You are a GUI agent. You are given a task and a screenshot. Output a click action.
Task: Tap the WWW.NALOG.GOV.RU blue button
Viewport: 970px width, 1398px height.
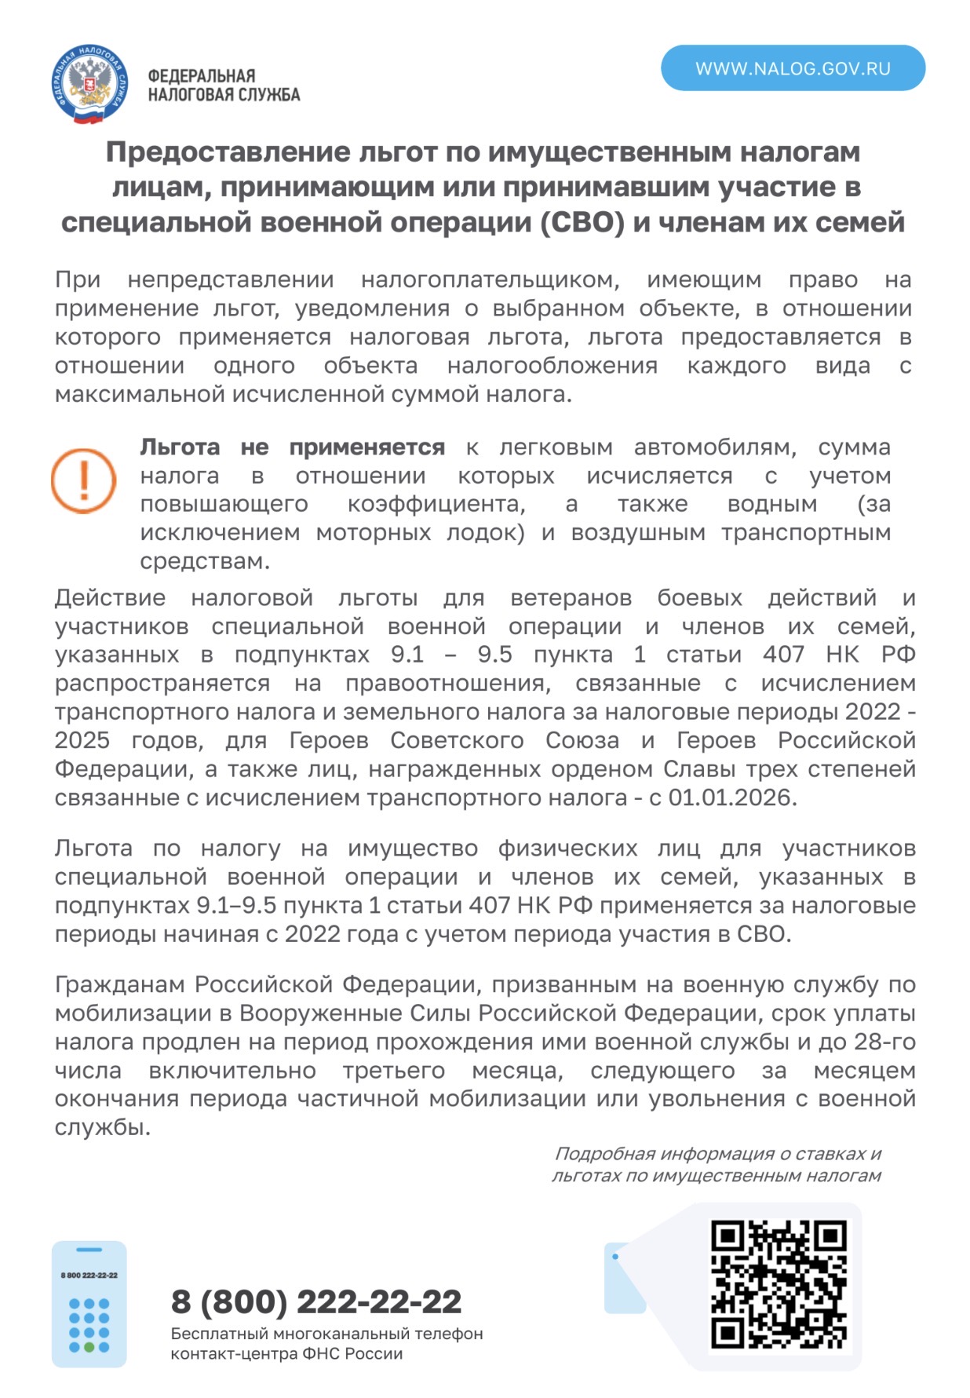point(793,68)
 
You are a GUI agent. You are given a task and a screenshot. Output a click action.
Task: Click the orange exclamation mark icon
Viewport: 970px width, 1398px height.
point(83,480)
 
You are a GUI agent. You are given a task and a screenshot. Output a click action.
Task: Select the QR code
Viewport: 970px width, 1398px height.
point(779,1284)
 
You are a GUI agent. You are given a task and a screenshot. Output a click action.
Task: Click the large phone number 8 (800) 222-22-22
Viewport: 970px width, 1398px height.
point(316,1301)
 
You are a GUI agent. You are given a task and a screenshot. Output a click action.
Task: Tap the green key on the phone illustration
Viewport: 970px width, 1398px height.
point(89,1347)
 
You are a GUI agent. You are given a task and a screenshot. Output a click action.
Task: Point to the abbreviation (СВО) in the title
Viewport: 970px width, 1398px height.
point(582,223)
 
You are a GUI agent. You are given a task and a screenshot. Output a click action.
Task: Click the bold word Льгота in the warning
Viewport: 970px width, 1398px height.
point(180,447)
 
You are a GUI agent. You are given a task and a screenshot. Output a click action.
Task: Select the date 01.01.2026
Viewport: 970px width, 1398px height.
point(731,798)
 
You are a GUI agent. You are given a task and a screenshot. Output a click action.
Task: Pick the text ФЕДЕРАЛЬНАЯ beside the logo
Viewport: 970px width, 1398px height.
point(202,76)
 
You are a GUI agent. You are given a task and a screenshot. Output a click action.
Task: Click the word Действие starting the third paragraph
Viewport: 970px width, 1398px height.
point(110,598)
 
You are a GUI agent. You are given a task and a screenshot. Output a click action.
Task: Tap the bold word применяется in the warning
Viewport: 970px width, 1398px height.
point(366,447)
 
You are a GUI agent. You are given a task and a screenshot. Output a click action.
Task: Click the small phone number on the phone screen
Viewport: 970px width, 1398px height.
point(89,1276)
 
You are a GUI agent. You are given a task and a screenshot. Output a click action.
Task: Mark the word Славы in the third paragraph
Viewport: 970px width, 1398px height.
point(695,768)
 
